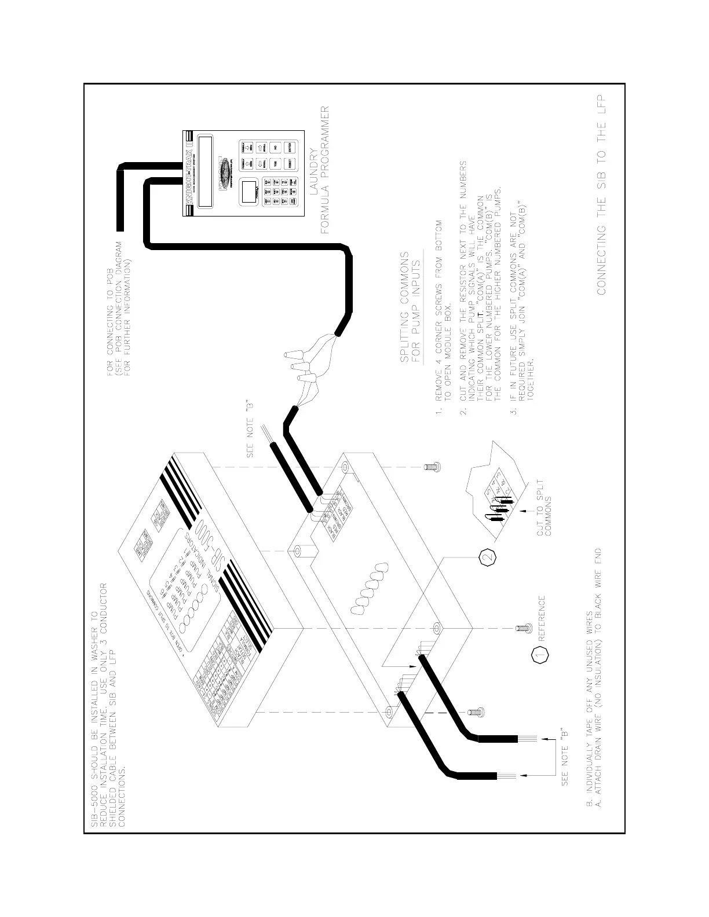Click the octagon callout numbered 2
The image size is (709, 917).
click(x=488, y=557)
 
